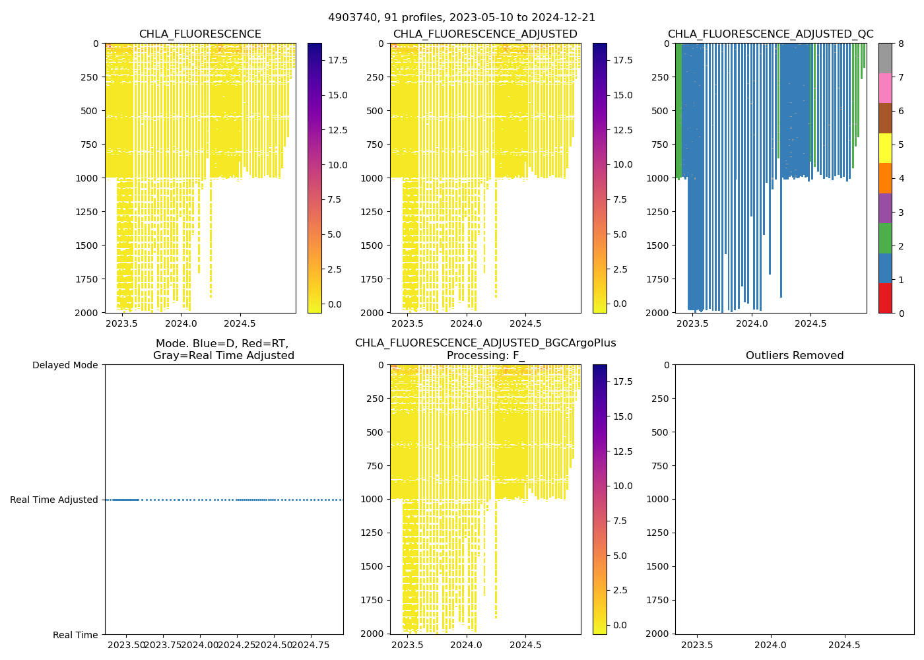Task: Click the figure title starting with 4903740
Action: [x=461, y=18]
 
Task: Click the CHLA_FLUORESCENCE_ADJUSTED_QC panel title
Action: [x=770, y=34]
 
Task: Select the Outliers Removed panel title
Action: [x=795, y=356]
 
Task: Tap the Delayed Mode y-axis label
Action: [x=65, y=365]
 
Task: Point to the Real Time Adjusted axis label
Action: [x=54, y=500]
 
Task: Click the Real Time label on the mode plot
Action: [x=75, y=635]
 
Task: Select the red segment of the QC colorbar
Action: [x=885, y=298]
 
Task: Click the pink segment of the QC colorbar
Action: [x=885, y=88]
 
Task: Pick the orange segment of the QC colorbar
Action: [x=885, y=178]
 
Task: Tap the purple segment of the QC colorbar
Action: [x=885, y=208]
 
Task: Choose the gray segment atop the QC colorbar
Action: [x=885, y=58]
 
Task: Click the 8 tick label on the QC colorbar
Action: [x=900, y=44]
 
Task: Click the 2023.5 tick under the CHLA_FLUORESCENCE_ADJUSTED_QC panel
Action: [x=693, y=323]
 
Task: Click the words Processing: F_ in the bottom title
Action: [x=485, y=356]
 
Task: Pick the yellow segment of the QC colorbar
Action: [x=885, y=148]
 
